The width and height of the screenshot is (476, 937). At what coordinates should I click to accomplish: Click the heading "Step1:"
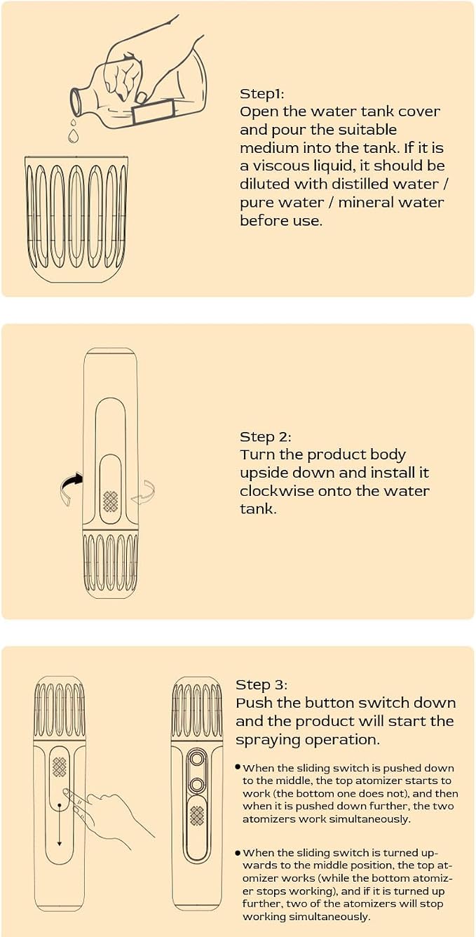click(262, 94)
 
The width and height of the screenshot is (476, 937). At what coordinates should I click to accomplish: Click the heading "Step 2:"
click(265, 437)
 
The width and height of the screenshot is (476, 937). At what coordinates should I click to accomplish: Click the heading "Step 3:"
click(261, 685)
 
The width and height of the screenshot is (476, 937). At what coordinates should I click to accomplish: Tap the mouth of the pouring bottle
click(76, 102)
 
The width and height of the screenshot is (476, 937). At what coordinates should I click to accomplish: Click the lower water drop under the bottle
click(73, 136)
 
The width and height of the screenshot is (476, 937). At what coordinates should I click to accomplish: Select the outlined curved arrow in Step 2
click(144, 492)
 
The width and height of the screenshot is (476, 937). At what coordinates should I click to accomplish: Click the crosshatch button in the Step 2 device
click(111, 501)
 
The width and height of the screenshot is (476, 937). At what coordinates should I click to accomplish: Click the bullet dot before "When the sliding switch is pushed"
click(238, 767)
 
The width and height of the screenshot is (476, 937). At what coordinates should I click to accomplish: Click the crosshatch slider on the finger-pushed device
click(60, 767)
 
